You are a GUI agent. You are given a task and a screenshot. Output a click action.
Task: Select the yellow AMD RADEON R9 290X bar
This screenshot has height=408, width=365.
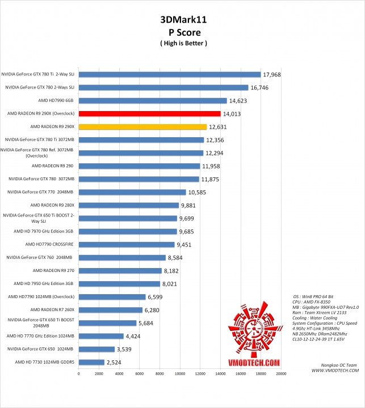tap(142, 127)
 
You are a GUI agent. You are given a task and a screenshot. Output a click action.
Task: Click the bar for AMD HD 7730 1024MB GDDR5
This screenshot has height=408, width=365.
tap(91, 362)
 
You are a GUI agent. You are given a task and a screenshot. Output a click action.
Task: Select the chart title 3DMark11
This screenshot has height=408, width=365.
tap(183, 20)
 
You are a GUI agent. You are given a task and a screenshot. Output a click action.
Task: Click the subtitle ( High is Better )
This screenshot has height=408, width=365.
tap(183, 43)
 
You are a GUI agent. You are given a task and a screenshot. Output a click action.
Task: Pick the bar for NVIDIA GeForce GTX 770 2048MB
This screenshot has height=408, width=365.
tap(132, 192)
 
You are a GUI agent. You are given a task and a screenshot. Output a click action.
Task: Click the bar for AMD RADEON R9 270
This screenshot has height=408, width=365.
tap(120, 271)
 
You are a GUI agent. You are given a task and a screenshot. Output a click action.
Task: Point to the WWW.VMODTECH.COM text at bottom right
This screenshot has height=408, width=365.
tap(335, 371)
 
